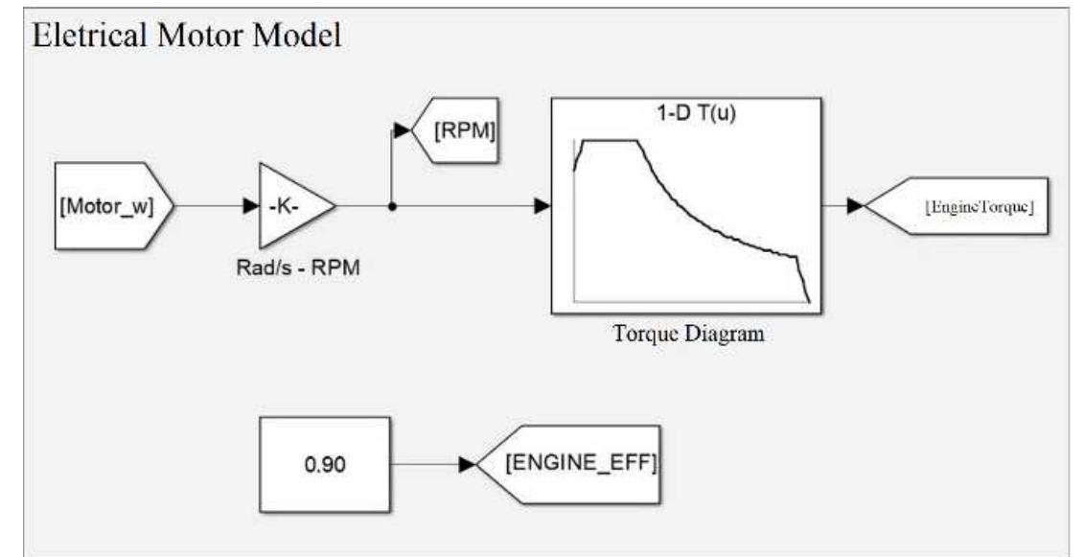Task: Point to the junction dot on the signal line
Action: [392, 205]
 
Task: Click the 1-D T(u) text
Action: [686, 112]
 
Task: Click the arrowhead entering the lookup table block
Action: [542, 205]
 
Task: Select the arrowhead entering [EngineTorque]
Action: [855, 205]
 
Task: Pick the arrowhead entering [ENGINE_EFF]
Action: [468, 465]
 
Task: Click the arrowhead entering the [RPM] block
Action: [402, 131]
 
